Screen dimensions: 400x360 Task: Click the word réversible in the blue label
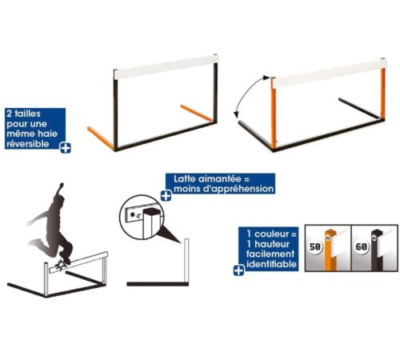pos(28,144)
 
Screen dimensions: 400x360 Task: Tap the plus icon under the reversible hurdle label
pos(66,148)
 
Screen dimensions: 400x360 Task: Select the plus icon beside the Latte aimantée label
pos(166,196)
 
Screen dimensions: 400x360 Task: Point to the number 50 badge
pos(314,246)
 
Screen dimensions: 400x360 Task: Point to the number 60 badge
pos(361,246)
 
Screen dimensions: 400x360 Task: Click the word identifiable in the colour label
pos(271,264)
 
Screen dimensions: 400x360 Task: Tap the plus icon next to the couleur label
pos(238,270)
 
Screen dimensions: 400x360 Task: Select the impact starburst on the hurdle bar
pos(60,265)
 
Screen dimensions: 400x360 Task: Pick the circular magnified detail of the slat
pos(141,217)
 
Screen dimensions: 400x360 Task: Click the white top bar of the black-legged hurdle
pos(166,66)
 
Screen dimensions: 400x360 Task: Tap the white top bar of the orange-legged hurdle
pos(330,73)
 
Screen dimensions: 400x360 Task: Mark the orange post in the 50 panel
pos(330,250)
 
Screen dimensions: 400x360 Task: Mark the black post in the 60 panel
pos(377,250)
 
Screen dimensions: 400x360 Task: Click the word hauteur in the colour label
pos(272,244)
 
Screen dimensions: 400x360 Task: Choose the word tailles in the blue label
pos(27,114)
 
